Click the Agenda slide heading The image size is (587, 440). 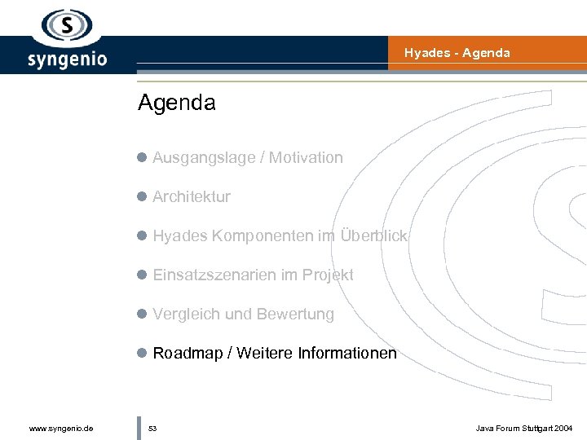point(177,103)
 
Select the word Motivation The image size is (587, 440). point(306,158)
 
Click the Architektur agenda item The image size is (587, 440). point(192,197)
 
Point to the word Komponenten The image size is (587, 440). point(263,236)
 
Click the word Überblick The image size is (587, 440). point(373,236)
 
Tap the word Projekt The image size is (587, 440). point(328,275)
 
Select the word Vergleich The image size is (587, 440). point(186,315)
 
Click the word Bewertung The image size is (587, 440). point(295,315)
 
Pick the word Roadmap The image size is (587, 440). point(189,354)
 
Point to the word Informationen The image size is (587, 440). point(347,354)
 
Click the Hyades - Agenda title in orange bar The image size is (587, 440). point(457,53)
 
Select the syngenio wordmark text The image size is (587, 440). point(68,59)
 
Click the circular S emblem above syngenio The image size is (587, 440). point(68,25)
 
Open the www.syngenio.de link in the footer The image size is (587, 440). point(60,428)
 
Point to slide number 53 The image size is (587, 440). point(152,428)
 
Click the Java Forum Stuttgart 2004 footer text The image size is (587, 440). point(525,428)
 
